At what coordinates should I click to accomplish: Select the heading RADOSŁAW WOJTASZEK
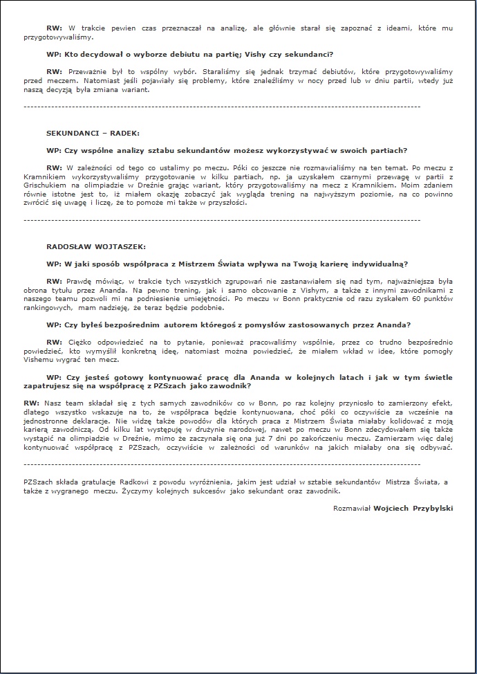[96, 246]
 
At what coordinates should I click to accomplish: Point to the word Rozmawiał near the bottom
[353, 508]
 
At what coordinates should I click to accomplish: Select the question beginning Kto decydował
[190, 54]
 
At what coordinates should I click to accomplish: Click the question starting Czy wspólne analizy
[227, 149]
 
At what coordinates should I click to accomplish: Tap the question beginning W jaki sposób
[227, 264]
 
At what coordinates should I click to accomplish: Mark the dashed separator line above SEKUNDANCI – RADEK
[221, 107]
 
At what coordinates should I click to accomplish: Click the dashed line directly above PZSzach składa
[221, 464]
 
